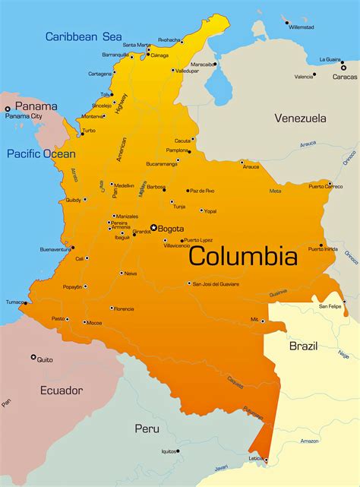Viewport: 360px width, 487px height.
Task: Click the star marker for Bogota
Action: point(153,227)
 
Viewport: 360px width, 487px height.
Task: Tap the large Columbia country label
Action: point(242,255)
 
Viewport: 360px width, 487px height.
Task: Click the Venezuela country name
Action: point(300,118)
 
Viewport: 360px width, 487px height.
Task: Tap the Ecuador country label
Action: point(62,390)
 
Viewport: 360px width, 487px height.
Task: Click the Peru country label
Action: point(147,428)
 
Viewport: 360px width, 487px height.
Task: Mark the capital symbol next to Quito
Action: point(33,356)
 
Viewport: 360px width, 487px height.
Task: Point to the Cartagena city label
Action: point(99,74)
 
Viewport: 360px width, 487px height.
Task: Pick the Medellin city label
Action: point(125,185)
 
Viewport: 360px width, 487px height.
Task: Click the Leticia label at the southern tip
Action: point(257,458)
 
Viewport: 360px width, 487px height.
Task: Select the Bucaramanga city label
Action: point(162,163)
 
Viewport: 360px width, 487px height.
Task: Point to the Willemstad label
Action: point(302,27)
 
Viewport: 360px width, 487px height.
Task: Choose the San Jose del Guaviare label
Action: point(217,283)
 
